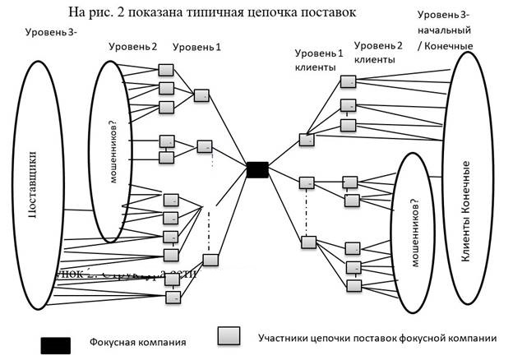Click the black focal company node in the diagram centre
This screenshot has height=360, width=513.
click(x=257, y=169)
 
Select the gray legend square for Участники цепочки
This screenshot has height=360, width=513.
click(x=228, y=335)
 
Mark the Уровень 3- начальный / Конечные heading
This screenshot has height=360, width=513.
click(x=446, y=30)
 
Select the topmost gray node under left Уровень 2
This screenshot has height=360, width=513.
click(x=166, y=70)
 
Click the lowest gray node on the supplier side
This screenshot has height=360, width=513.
click(x=173, y=296)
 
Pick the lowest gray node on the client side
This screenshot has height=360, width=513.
click(x=354, y=284)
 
